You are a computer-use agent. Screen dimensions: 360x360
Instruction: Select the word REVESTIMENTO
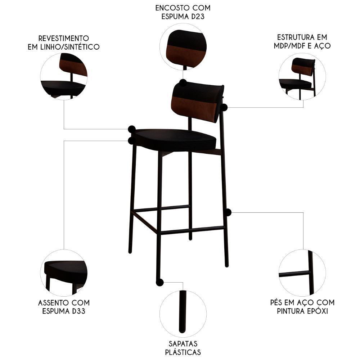pos(63,38)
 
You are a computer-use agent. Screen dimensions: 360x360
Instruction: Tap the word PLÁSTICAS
pos(183,352)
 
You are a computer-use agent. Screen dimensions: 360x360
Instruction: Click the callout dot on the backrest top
pos(183,83)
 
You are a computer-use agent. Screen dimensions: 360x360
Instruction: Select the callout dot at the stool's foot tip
pos(159,282)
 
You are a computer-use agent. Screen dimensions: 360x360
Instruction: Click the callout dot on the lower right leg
pos(228,212)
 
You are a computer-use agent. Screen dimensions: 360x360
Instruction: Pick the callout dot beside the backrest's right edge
pos(224,107)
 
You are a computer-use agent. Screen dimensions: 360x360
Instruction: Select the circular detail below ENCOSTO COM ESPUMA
pos(183,46)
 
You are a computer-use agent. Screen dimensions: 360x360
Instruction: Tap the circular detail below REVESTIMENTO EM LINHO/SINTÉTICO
pos(64,76)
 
